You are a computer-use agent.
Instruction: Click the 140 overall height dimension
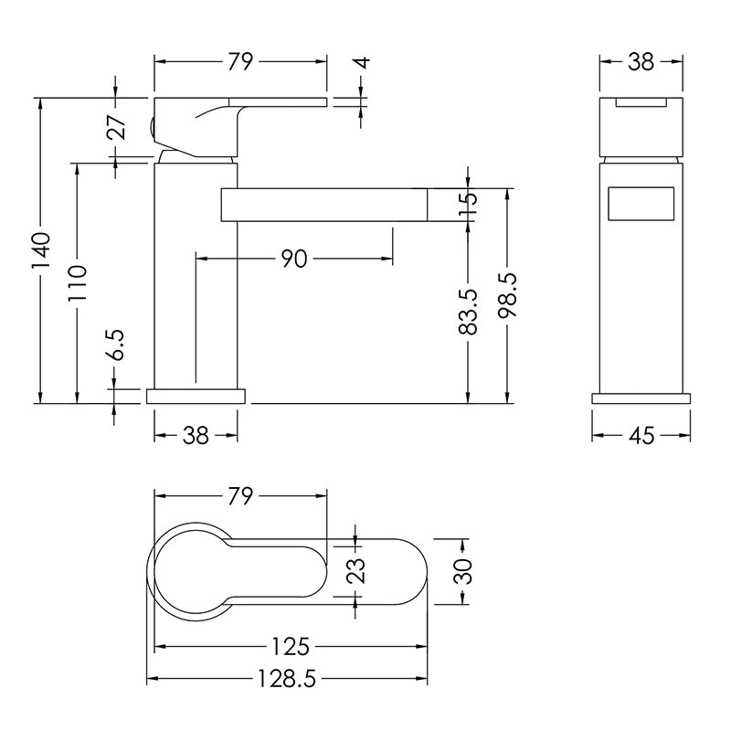click(x=40, y=250)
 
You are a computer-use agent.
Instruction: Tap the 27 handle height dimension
click(x=116, y=127)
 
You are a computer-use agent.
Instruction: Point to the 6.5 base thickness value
click(x=116, y=344)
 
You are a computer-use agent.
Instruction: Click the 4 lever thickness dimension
click(x=364, y=63)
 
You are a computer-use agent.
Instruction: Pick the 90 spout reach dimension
click(x=294, y=259)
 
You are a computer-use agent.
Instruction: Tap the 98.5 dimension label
click(x=507, y=295)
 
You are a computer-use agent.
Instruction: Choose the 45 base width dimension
click(x=641, y=436)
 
